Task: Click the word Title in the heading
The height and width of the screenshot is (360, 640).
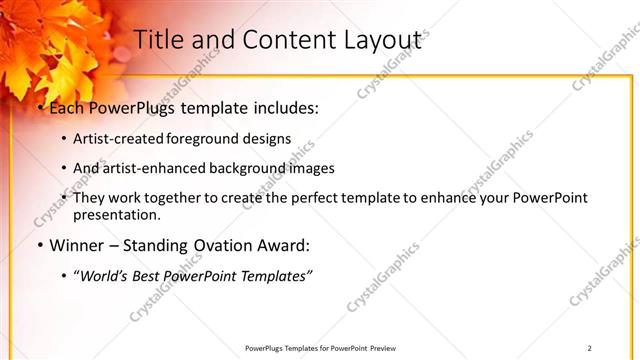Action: (x=159, y=39)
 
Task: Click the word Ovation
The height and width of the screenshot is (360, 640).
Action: (x=227, y=245)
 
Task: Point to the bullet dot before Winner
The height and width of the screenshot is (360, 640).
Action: (x=39, y=246)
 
